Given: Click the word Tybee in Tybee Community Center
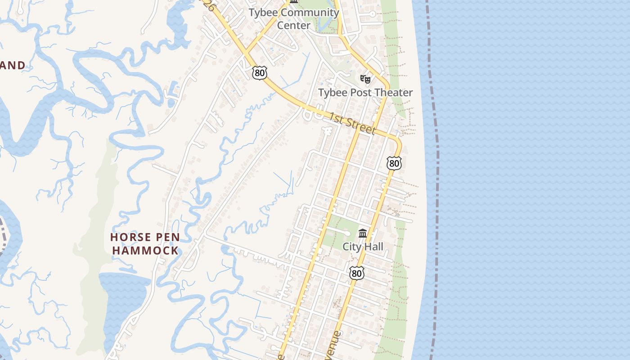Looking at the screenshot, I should click(262, 13).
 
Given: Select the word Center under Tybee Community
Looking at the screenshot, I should click(293, 25).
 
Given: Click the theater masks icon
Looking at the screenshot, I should click(365, 79).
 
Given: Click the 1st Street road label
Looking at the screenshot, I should click(351, 124).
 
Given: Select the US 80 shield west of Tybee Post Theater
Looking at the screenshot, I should click(260, 73).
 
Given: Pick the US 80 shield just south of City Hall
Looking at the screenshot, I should click(356, 273).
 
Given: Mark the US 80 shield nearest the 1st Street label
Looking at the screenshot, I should click(394, 163).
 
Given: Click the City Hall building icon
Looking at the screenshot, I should click(363, 234).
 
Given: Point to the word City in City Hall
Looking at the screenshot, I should click(352, 247).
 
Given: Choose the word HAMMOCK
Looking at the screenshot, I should click(145, 251).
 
